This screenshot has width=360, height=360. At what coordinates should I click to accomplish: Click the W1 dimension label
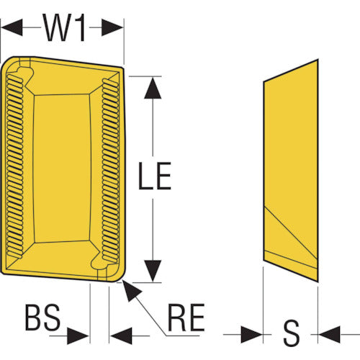pos(64,27)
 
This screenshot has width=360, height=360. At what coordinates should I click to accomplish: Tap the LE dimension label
pos(155,176)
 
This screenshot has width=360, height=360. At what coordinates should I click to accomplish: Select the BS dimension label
pos(42,317)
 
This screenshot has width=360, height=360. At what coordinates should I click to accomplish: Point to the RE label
pos(186,318)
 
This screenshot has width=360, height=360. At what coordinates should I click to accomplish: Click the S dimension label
pos(291,333)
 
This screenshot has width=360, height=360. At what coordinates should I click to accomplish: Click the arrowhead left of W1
pos(12,27)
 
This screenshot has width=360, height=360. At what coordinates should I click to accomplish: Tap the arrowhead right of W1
pos(112,27)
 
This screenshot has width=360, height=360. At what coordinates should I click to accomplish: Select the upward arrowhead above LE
pos(153,88)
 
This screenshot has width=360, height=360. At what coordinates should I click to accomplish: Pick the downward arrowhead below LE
pos(153,271)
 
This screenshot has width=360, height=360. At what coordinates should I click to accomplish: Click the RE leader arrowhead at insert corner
pos(132,290)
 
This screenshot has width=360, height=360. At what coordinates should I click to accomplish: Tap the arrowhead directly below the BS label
pos(78,336)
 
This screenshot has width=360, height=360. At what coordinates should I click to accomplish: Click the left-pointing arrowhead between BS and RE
pos(121,336)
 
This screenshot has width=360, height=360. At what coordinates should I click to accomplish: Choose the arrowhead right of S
pos(329,334)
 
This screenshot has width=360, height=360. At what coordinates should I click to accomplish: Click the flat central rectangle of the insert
pos(62,168)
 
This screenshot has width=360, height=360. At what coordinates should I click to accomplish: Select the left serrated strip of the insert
pos(15,166)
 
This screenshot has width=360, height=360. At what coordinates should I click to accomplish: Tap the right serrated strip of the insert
pos(111,171)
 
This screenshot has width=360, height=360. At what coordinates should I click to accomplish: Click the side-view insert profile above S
pos(291,171)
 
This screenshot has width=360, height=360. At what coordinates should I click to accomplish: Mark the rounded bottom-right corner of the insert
pos(120,279)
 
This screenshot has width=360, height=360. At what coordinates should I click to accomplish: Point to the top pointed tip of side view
pos(318,59)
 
